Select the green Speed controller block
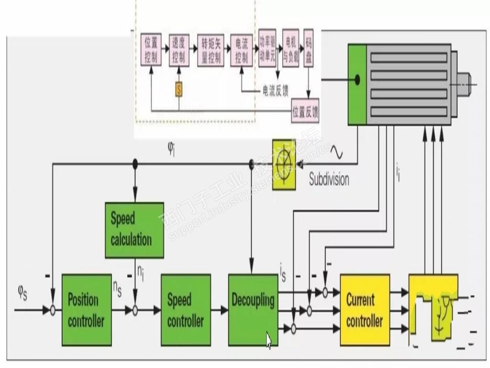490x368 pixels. (186, 310)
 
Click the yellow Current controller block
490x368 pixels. (365, 310)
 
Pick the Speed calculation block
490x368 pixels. (134, 230)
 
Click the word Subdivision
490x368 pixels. (329, 180)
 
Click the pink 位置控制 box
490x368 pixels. (151, 50)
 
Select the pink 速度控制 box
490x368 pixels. (179, 50)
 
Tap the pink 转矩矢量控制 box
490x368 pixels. (211, 50)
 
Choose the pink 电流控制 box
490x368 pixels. (242, 50)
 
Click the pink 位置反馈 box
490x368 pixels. (306, 112)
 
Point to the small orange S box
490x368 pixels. (178, 89)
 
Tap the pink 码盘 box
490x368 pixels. (309, 48)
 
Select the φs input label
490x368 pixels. (22, 292)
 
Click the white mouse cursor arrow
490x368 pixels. (268, 341)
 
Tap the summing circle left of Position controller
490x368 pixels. (53, 310)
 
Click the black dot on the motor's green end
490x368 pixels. (357, 79)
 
